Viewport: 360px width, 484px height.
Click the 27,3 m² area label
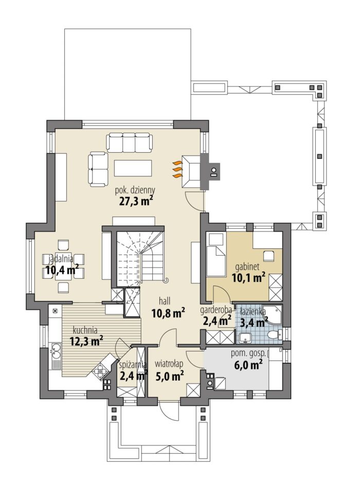(x=136, y=201)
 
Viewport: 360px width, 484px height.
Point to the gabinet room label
(x=247, y=266)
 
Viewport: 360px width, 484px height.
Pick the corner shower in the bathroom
(x=273, y=315)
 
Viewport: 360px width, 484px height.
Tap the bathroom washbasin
(x=246, y=338)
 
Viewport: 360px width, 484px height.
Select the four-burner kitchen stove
(x=100, y=369)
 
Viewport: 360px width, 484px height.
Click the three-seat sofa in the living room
(x=130, y=141)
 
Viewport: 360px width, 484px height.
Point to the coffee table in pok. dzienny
(x=133, y=168)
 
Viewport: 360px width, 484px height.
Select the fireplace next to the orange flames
(x=191, y=171)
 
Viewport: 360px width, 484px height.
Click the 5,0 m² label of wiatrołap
(x=170, y=377)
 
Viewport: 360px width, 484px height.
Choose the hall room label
(x=165, y=301)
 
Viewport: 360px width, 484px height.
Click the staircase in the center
(x=140, y=256)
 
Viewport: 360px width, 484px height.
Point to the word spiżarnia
(x=133, y=365)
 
